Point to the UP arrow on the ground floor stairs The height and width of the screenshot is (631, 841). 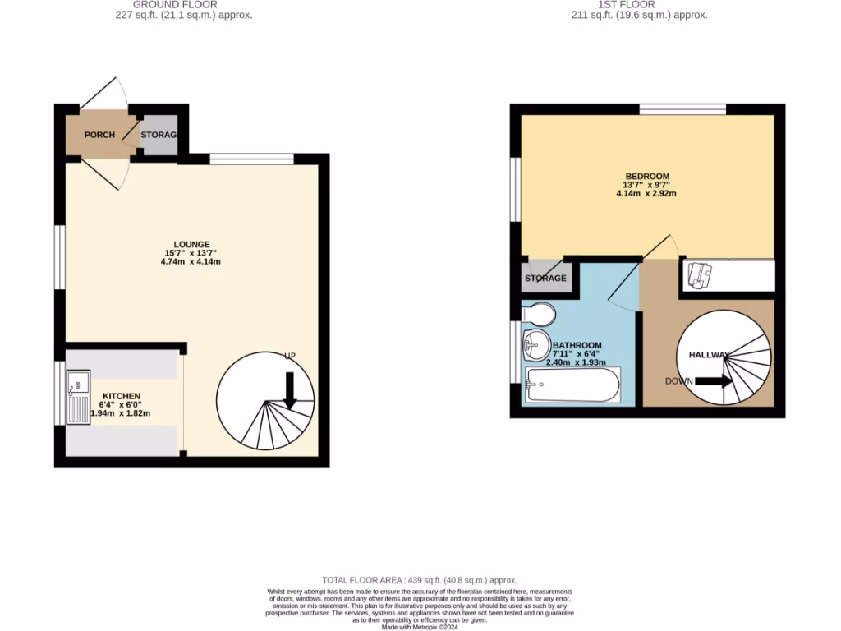(x=289, y=389)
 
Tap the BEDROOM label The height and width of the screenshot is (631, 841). (x=647, y=176)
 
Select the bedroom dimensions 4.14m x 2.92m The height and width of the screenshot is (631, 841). (x=647, y=194)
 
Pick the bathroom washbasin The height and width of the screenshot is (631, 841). (x=535, y=345)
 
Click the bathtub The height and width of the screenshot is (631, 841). (x=573, y=385)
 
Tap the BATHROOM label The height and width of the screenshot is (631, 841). (x=577, y=345)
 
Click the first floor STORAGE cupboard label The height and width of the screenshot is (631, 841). (x=545, y=279)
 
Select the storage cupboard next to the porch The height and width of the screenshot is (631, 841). (x=159, y=136)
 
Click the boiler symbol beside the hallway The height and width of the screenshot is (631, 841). (x=699, y=275)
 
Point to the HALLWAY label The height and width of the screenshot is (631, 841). (x=703, y=355)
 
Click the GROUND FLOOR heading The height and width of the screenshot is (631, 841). (x=186, y=5)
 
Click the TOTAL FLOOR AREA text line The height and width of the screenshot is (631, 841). (x=420, y=580)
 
